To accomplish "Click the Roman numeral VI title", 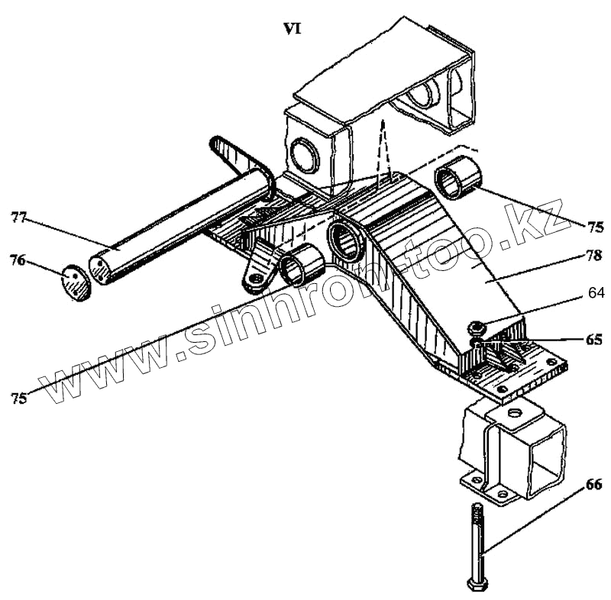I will (x=292, y=29).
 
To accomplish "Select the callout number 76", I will (x=18, y=260).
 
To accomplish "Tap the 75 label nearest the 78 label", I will (x=595, y=227).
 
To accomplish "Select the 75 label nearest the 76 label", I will (x=18, y=398).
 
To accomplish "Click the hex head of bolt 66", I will (x=477, y=585).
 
